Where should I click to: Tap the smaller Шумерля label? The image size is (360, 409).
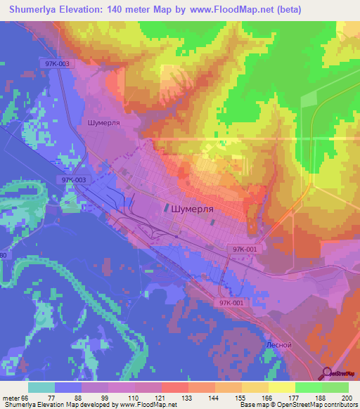coord(105,122)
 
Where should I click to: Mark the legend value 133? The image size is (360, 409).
coord(188,398)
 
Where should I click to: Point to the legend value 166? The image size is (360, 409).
coord(268,398)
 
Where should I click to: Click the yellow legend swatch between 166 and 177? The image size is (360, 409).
coord(281,387)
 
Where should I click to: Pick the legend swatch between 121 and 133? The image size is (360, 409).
coord(174,387)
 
